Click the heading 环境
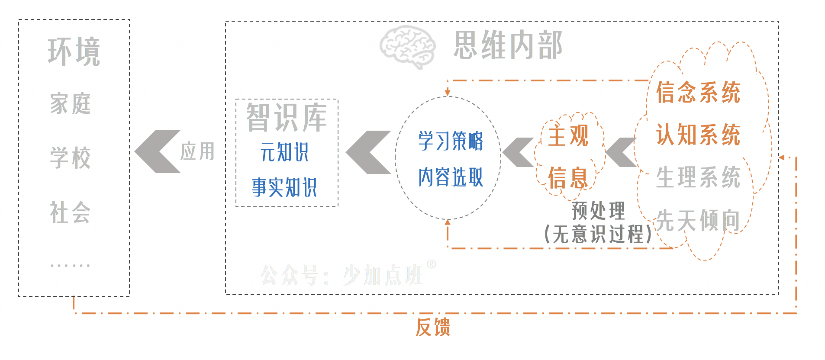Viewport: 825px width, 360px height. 74,52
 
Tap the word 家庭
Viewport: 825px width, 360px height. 70,104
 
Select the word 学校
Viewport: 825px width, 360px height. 70,157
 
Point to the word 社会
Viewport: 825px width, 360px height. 70,212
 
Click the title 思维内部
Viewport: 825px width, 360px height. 508,45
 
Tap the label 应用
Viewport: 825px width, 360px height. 197,151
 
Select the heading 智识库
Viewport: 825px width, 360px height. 287,117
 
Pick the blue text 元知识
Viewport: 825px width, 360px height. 284,152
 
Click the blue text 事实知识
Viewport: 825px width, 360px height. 284,187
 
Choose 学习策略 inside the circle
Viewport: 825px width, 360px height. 451,141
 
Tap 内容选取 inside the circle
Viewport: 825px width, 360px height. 451,177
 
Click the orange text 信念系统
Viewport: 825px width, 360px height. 698,93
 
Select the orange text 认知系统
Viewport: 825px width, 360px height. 698,135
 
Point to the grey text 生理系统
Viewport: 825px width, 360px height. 698,177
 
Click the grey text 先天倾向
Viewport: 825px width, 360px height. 698,220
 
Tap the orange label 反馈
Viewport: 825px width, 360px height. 433,327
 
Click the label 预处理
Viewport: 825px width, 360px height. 598,211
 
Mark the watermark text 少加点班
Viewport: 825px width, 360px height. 383,275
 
